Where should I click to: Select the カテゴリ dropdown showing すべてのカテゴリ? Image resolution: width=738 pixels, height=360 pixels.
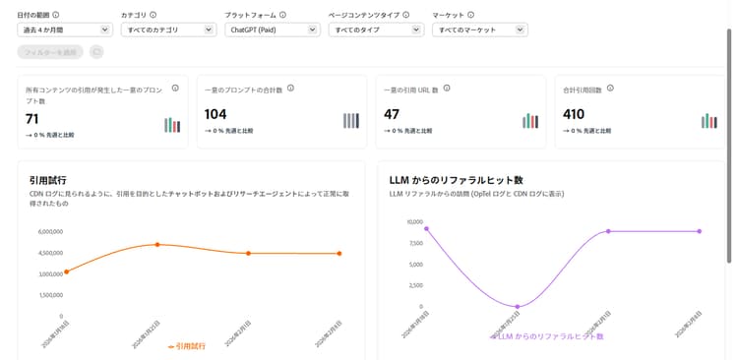pyautogui.click(x=167, y=30)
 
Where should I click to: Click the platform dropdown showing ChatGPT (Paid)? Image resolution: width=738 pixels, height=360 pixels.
pyautogui.click(x=272, y=30)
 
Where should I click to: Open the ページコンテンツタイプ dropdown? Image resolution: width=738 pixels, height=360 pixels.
pyautogui.click(x=376, y=30)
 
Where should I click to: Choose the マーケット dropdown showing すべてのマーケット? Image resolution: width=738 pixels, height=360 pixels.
pyautogui.click(x=479, y=30)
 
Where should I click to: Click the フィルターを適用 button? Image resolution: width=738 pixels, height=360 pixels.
pyautogui.click(x=50, y=51)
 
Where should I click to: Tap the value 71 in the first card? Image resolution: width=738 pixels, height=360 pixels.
pyautogui.click(x=32, y=118)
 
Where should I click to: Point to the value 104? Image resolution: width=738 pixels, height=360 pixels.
pyautogui.click(x=215, y=114)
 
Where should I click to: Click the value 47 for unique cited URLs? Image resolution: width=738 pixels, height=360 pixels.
pyautogui.click(x=392, y=114)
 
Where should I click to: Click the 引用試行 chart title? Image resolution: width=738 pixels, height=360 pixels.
pyautogui.click(x=47, y=181)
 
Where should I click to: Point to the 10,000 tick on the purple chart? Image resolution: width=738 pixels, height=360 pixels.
pyautogui.click(x=412, y=222)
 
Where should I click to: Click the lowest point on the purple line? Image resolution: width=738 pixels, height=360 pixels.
pyautogui.click(x=518, y=307)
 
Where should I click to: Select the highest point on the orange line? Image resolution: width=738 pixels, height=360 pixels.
pyautogui.click(x=157, y=244)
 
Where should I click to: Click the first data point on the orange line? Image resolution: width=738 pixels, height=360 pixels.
pyautogui.click(x=67, y=270)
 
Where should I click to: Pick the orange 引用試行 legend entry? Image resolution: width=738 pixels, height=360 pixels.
pyautogui.click(x=187, y=346)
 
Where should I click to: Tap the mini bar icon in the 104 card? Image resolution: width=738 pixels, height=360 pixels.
pyautogui.click(x=351, y=121)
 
